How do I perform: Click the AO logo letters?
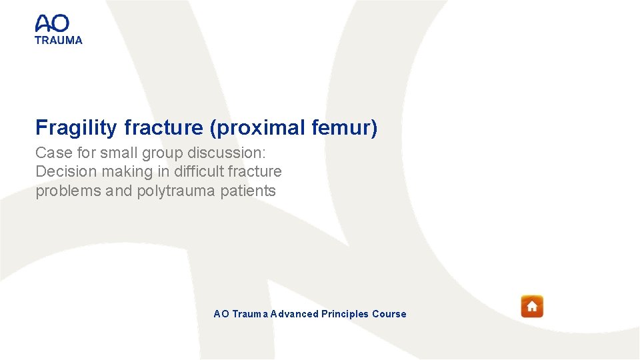click(x=52, y=23)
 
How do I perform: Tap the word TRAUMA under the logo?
click(x=59, y=40)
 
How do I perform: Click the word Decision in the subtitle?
click(x=65, y=171)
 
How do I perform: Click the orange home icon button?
click(x=532, y=307)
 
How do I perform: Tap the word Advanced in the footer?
click(x=295, y=314)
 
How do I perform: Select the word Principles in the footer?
click(x=345, y=314)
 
